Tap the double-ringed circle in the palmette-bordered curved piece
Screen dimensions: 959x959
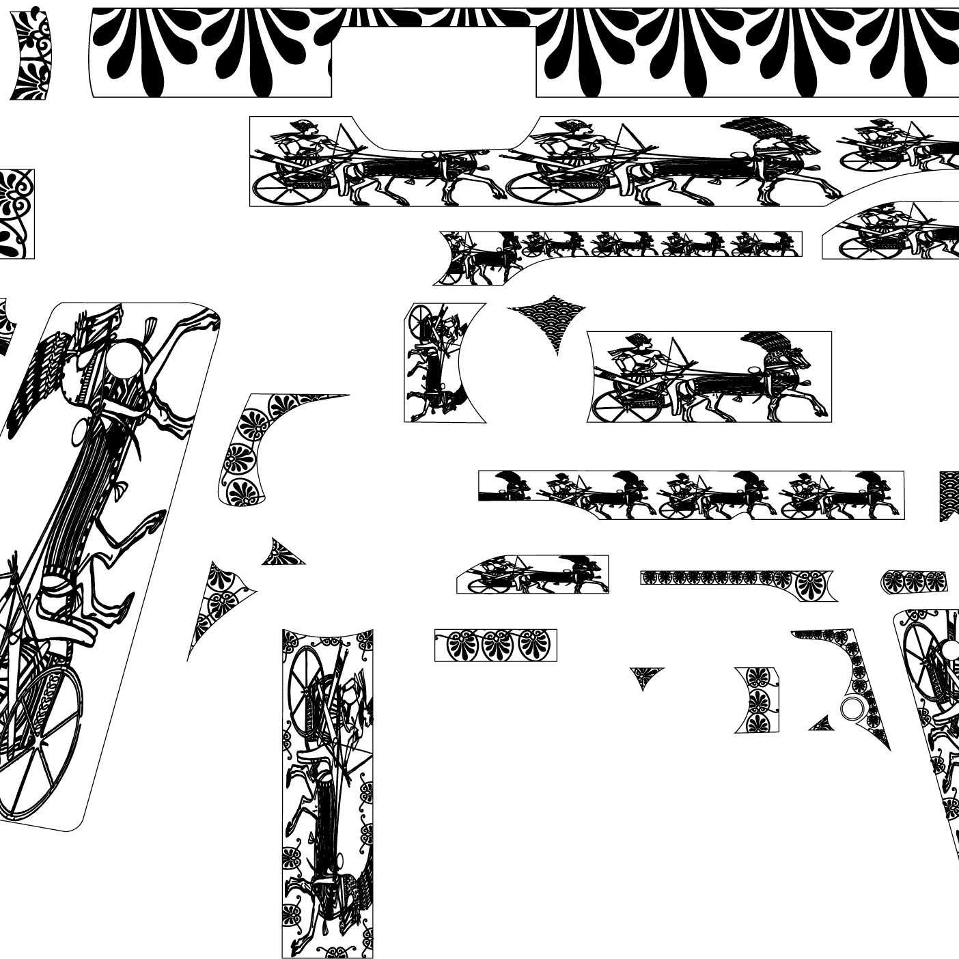[x=850, y=709]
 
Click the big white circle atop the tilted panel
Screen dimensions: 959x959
[x=125, y=357]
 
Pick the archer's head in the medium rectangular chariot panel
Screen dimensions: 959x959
[x=641, y=342]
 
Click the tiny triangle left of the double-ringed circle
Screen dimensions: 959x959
[x=822, y=724]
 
